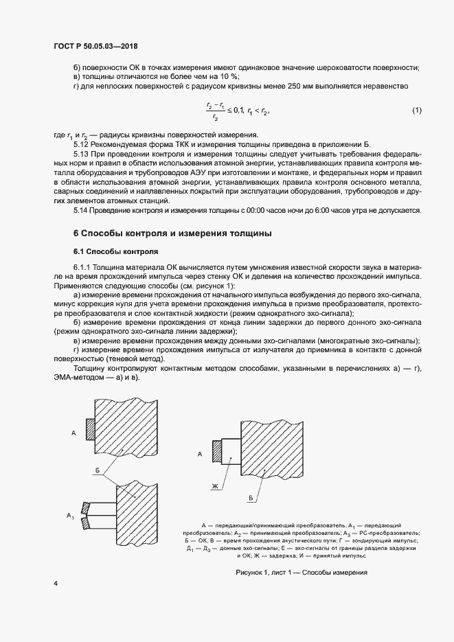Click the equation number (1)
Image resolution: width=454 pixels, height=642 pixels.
pos(416,111)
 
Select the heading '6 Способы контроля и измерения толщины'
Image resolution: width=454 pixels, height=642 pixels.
pos(172,233)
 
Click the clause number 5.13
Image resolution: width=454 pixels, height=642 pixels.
pos(82,156)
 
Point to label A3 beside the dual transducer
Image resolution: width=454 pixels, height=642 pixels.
pos(70,514)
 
